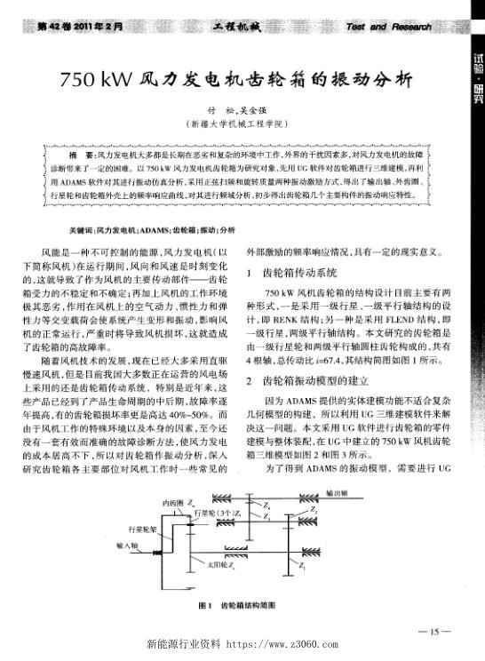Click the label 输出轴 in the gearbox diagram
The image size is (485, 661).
338,490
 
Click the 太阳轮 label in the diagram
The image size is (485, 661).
219,563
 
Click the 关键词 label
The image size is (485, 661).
57,228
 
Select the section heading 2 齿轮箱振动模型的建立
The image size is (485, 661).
321,380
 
